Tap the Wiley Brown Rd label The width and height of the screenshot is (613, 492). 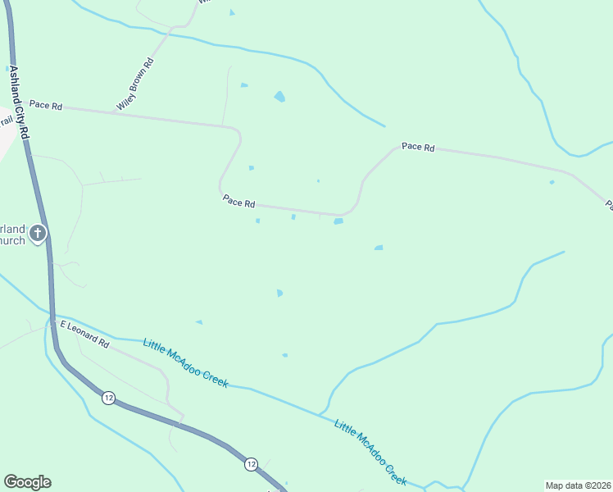click(135, 84)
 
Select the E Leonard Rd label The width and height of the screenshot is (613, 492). click(84, 333)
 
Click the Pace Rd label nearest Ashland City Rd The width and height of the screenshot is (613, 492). click(46, 105)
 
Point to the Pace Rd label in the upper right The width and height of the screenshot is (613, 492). click(418, 147)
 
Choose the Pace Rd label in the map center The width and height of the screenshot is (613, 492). click(239, 202)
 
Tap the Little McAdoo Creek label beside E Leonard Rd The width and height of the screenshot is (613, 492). click(185, 361)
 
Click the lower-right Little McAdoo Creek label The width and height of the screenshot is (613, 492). click(370, 452)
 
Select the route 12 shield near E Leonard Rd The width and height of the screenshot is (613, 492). click(108, 398)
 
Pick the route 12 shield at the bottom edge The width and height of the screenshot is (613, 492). click(251, 465)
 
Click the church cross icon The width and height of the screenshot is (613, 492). click(37, 235)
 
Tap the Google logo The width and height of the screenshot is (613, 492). click(27, 482)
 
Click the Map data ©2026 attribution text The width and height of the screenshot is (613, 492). click(578, 485)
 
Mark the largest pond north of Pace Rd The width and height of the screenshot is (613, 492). click(280, 97)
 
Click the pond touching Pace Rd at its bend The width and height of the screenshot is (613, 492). click(338, 221)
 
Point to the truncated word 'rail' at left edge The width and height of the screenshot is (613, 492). click(7, 121)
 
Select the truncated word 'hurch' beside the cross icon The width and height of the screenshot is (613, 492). click(12, 241)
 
